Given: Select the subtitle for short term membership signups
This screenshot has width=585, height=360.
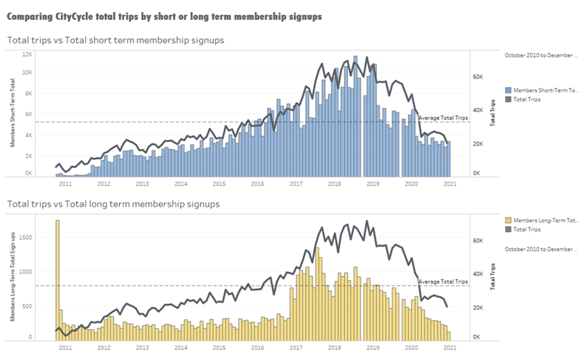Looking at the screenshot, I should [115, 41].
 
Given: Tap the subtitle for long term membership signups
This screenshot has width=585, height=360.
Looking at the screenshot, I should [113, 204].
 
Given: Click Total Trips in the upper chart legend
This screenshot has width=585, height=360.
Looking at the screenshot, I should [527, 99].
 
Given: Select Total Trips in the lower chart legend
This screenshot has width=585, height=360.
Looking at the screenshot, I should [527, 229].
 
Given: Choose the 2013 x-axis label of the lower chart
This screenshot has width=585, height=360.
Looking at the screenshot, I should [142, 347].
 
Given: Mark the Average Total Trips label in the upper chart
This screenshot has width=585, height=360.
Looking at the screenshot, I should [443, 118].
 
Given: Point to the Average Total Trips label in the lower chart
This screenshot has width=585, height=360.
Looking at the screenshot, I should [443, 282].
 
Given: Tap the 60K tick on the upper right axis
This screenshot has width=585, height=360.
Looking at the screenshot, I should [478, 77].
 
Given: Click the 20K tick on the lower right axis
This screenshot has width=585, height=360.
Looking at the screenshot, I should [478, 307].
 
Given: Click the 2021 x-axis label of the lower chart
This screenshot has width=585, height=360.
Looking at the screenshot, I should [450, 347].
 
